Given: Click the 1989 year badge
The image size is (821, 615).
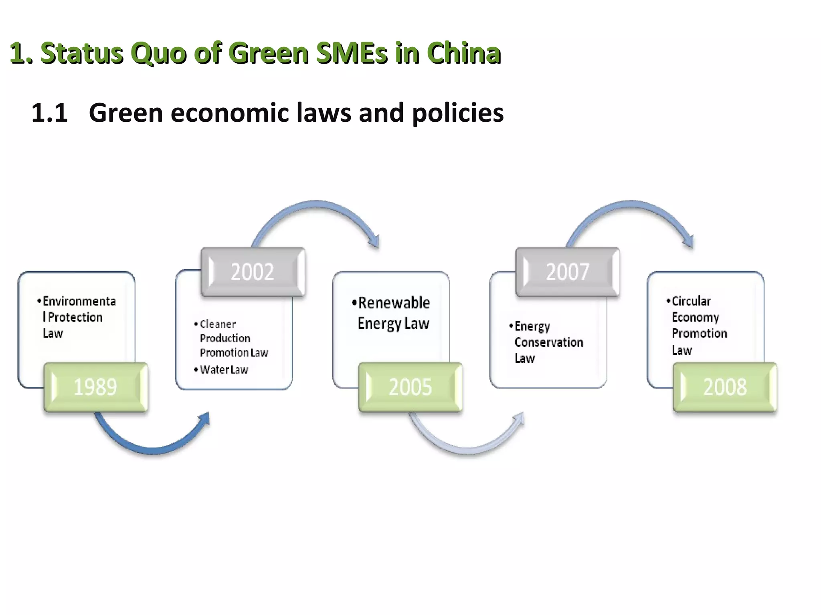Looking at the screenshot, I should pyautogui.click(x=96, y=387).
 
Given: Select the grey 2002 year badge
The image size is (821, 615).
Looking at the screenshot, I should pyautogui.click(x=253, y=272).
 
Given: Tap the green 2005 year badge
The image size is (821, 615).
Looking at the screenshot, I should pyautogui.click(x=410, y=387).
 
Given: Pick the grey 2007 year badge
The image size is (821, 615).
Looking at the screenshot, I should pyautogui.click(x=568, y=272).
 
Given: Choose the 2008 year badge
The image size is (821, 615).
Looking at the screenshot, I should pyautogui.click(x=725, y=387).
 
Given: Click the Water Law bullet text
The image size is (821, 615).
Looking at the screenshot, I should pyautogui.click(x=224, y=370).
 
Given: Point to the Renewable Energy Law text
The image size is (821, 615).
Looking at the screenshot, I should pyautogui.click(x=394, y=313).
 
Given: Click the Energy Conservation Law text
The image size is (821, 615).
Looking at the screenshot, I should pyautogui.click(x=548, y=342).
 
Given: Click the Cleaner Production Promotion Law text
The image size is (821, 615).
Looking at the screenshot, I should pyautogui.click(x=233, y=338).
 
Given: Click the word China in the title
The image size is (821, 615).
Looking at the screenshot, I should pyautogui.click(x=463, y=53).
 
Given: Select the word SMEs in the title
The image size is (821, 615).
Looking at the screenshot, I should pyautogui.click(x=352, y=53).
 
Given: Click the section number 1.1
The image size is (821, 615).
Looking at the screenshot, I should pyautogui.click(x=49, y=113).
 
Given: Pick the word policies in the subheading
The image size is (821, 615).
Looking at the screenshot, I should pyautogui.click(x=457, y=113).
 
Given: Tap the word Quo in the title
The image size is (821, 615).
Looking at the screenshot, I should pyautogui.click(x=158, y=53).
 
